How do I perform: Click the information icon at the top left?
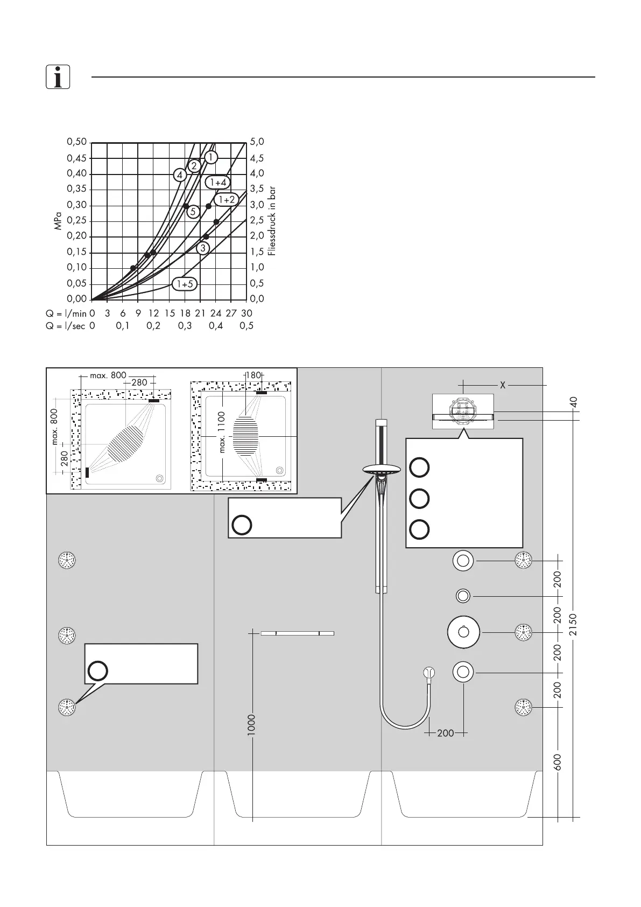pyautogui.click(x=58, y=76)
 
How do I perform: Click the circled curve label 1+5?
pyautogui.click(x=185, y=284)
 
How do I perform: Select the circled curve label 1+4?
pyautogui.click(x=218, y=182)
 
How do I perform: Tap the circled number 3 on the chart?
pyautogui.click(x=203, y=248)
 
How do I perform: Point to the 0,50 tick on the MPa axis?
pyautogui.click(x=77, y=142)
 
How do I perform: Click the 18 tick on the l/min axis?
pyautogui.click(x=185, y=313)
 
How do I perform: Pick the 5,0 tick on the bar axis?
pyautogui.click(x=257, y=142)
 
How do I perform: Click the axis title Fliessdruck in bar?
pyautogui.click(x=272, y=221)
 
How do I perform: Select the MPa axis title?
pyautogui.click(x=58, y=221)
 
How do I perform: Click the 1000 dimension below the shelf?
pyautogui.click(x=251, y=725)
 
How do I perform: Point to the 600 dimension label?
pyautogui.click(x=558, y=762)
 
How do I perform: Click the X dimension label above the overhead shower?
pyautogui.click(x=503, y=385)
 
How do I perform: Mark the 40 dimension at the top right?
pyautogui.click(x=573, y=402)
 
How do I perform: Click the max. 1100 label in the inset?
pyautogui.click(x=222, y=432)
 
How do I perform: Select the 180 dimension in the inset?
pyautogui.click(x=253, y=375)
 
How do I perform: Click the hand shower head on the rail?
pyautogui.click(x=382, y=470)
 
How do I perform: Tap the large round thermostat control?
pyautogui.click(x=463, y=632)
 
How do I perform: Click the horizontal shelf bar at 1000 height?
pyautogui.click(x=298, y=633)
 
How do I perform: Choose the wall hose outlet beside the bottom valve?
pyautogui.click(x=429, y=673)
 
